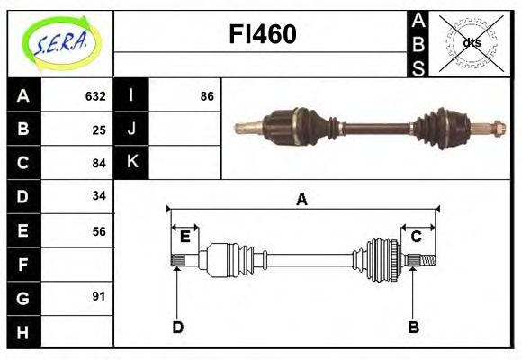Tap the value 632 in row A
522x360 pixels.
(x=95, y=96)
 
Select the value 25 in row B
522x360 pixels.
(x=99, y=130)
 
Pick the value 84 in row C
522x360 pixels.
(x=99, y=163)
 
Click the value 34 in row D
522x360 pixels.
(x=99, y=196)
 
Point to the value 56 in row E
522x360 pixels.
(x=99, y=231)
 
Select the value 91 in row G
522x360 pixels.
(x=99, y=296)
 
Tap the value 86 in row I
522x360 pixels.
(x=207, y=96)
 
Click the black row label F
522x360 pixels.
(x=23, y=265)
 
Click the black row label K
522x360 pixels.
(x=131, y=162)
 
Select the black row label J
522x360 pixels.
(x=131, y=129)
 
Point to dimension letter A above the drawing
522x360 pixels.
(x=302, y=200)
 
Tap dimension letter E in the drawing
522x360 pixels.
(x=184, y=237)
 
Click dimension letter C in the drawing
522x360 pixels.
(x=416, y=237)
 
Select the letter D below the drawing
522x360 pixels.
(x=177, y=327)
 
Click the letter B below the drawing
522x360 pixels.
(x=413, y=327)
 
